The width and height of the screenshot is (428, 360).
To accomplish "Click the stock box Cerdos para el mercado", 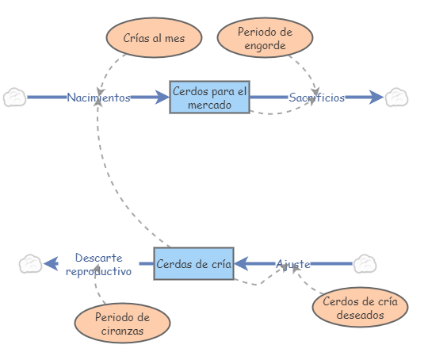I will coord(209,97).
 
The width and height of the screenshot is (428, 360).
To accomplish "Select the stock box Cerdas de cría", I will coord(193,263).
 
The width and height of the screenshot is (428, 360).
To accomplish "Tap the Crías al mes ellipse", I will coord(153,38).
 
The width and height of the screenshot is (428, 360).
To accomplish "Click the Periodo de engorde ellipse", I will coord(264,37).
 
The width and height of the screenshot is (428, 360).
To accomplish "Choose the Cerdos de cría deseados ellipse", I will coord(360,308).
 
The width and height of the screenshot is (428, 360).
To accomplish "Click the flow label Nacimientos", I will coord(98,98).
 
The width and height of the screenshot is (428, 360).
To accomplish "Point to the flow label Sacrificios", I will coord(316,98).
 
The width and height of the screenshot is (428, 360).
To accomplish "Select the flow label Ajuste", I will coord(292,263).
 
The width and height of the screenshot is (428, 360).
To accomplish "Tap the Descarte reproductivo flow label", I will coord(98,264).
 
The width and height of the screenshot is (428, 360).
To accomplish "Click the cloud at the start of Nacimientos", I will coord(14,98).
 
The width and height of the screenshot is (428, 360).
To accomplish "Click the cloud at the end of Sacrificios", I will coord(396,98).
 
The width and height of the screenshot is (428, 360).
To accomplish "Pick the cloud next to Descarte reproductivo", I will coord(30,263).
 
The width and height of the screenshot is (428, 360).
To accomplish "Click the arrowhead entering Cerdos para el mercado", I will coord(162,98).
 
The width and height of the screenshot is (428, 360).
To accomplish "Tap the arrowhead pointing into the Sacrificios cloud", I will coord(376,98).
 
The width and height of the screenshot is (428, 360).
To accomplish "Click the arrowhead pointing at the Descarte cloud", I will coord(51,263).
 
